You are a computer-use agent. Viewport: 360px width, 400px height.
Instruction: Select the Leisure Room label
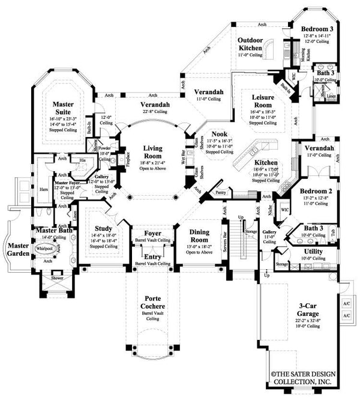click(x=262, y=100)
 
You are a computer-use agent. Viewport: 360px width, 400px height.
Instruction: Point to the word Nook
click(x=211, y=136)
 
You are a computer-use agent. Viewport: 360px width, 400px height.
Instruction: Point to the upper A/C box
click(x=346, y=304)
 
